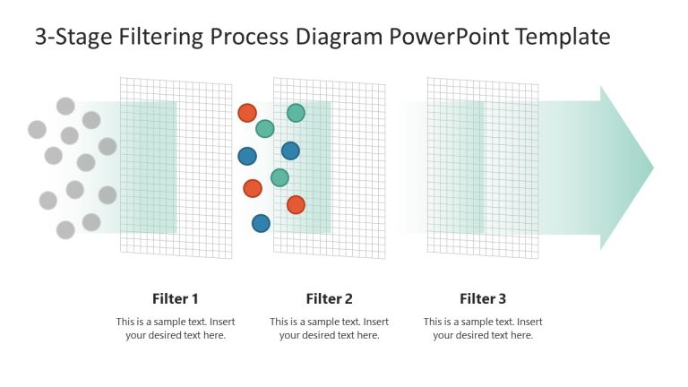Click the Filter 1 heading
[176, 299]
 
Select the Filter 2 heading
[329, 299]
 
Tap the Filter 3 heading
[483, 299]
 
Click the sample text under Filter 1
[176, 328]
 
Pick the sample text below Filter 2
[329, 328]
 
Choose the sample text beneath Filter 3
[483, 328]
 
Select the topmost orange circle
[247, 113]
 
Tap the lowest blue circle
[261, 223]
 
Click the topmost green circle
[296, 113]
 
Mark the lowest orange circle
[296, 205]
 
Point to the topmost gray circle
[65, 106]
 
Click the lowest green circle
[279, 177]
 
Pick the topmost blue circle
[290, 150]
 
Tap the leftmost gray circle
[37, 129]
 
